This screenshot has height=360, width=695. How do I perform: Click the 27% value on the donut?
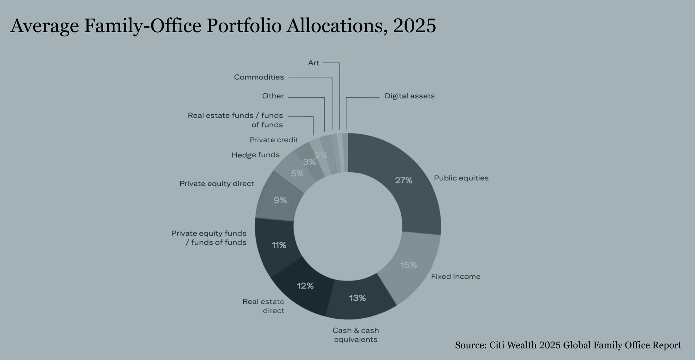[403, 180]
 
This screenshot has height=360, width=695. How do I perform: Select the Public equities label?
[461, 178]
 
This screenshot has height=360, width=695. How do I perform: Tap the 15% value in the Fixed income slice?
[408, 265]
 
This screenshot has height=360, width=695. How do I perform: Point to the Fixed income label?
[456, 277]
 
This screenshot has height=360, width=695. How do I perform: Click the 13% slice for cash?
[358, 298]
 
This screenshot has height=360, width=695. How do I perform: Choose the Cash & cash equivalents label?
[355, 335]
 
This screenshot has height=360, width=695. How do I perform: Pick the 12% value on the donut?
[305, 286]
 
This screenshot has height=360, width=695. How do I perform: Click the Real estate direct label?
[263, 306]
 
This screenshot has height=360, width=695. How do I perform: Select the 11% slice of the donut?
[279, 245]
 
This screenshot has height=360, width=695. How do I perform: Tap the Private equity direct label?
[217, 184]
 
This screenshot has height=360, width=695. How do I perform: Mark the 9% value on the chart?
[280, 200]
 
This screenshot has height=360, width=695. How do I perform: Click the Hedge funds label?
[255, 155]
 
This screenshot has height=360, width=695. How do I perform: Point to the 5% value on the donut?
[297, 173]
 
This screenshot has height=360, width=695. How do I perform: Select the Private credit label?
[273, 140]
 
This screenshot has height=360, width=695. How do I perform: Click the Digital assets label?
[409, 96]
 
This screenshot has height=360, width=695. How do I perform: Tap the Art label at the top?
[313, 63]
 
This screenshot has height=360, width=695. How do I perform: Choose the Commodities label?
[259, 77]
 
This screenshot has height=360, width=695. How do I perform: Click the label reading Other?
[273, 96]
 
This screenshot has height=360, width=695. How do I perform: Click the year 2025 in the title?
[414, 26]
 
